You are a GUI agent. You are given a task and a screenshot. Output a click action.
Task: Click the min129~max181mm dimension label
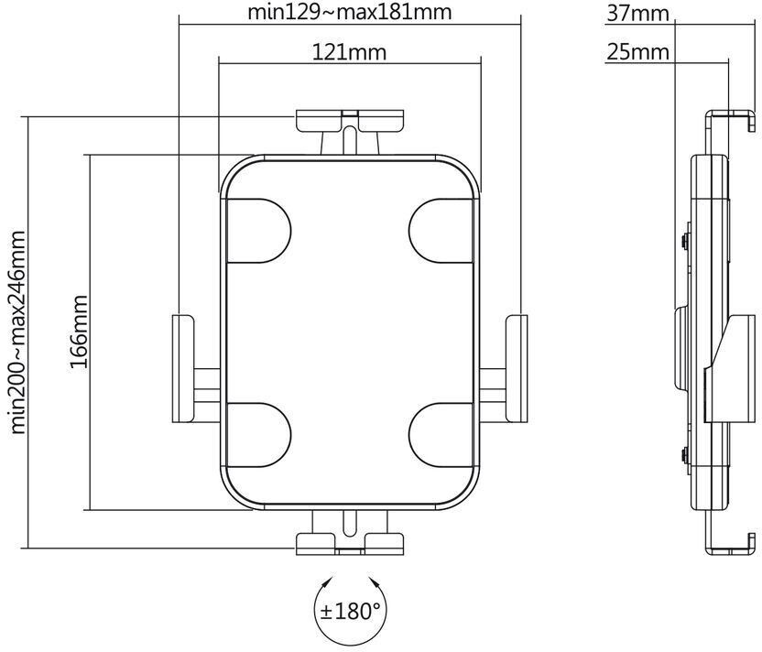coord(349,14)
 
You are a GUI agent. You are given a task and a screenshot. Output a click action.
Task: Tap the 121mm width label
coord(349,52)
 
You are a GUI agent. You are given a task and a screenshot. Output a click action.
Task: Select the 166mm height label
coord(79,331)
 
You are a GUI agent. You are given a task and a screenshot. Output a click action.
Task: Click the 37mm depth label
coord(637,14)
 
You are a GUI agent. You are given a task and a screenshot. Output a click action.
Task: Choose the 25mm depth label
coord(637,52)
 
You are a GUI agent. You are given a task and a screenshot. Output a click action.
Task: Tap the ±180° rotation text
coord(349,610)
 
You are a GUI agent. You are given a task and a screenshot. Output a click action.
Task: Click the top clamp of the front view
coord(349,120)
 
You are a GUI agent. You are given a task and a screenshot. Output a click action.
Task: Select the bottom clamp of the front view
coord(349,542)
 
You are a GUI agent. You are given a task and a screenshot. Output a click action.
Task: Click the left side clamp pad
coord(180,366)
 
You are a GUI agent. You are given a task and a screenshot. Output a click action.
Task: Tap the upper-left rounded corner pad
coord(258,229)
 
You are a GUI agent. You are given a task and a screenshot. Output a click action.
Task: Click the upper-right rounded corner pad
coord(441,229)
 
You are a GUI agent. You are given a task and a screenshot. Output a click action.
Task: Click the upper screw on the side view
coord(685,241)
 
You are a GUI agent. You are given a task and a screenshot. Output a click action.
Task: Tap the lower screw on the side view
coord(685,451)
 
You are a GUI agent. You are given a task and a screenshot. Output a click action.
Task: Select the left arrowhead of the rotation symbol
coord(327,582)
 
